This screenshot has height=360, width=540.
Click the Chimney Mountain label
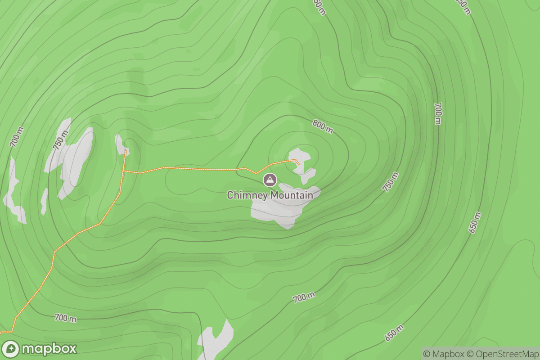[270, 195]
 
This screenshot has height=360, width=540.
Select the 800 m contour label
[323, 126]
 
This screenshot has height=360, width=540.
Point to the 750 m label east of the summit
[391, 182]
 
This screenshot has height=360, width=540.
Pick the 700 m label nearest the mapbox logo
[65, 318]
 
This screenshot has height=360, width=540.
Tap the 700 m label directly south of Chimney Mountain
[304, 297]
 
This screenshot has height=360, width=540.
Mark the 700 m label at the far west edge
[16, 137]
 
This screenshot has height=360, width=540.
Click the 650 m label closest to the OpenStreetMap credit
[394, 333]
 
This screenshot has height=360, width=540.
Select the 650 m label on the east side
[474, 222]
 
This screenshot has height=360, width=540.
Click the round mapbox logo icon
[10, 349]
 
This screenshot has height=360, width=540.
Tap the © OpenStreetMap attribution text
[503, 353]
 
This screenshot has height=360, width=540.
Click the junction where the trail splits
[124, 171]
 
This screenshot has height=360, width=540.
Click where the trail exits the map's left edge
[1, 332]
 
